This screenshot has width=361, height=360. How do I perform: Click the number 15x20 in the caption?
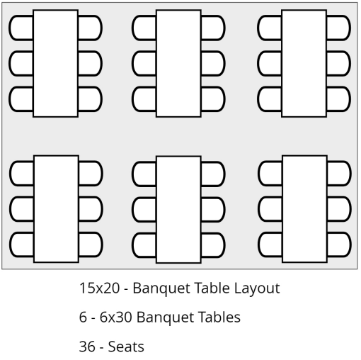coord(99,288)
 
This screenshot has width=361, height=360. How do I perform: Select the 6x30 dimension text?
coord(116,317)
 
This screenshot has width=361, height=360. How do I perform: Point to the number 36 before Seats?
coord(87,347)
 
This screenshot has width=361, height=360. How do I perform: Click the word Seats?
coord(126,347)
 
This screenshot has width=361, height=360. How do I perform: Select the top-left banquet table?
coord(56,63)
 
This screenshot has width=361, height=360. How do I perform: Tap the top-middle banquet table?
coord(178,63)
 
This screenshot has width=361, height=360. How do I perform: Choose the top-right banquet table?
coord(304,63)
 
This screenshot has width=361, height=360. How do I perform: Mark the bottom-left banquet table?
coord(56,209)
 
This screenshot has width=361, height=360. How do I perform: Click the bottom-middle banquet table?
coord(178,209)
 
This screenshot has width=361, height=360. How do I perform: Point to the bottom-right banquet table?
coord(304,209)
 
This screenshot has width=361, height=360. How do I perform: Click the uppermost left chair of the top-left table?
coord(21,28)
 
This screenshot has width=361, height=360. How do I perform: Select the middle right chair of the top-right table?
coord(338,63)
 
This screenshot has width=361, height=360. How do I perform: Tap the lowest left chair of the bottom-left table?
coord(21,244)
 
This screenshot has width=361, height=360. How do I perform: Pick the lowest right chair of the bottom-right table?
coord(339,244)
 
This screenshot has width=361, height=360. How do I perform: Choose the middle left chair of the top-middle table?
coord(144,63)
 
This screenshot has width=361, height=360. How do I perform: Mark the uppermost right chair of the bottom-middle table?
coord(213,174)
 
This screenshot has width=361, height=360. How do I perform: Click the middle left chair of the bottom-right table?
coord(270,209)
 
